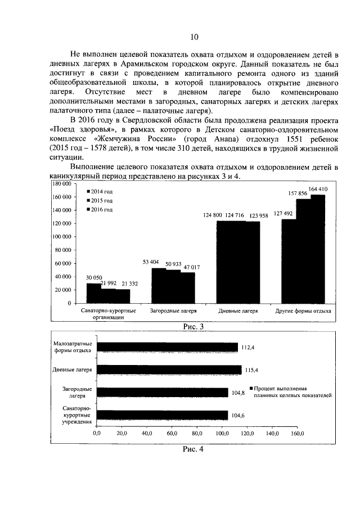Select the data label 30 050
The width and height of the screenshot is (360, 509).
pos(93,278)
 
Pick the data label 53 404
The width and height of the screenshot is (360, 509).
pos(151,262)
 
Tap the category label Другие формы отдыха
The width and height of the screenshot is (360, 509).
pos(303,310)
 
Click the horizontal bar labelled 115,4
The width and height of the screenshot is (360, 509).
pos(169,370)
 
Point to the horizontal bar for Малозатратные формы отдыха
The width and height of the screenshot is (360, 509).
pos(167,348)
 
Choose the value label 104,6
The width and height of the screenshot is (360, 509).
pos(237,415)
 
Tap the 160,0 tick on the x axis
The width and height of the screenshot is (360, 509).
pos(296,434)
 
